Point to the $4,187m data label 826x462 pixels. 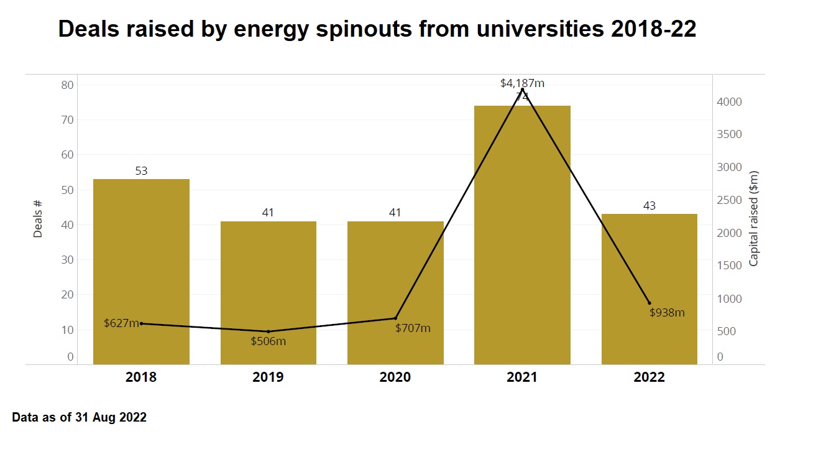click(x=522, y=83)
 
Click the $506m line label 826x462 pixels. click(x=268, y=341)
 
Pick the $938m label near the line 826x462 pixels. click(x=667, y=313)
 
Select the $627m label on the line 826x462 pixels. click(x=121, y=323)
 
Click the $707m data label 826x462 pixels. click(x=413, y=328)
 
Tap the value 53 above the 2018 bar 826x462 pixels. click(x=141, y=171)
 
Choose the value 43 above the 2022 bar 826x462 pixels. click(x=649, y=206)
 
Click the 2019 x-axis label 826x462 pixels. click(x=268, y=377)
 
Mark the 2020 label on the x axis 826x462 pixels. click(x=395, y=377)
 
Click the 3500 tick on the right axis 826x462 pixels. click(x=730, y=134)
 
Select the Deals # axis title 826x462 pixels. click(x=38, y=218)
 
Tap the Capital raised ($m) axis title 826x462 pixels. click(x=754, y=218)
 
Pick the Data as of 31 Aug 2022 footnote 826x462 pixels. click(x=80, y=418)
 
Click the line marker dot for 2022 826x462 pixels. click(x=649, y=303)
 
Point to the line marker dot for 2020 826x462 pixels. click(x=395, y=318)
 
